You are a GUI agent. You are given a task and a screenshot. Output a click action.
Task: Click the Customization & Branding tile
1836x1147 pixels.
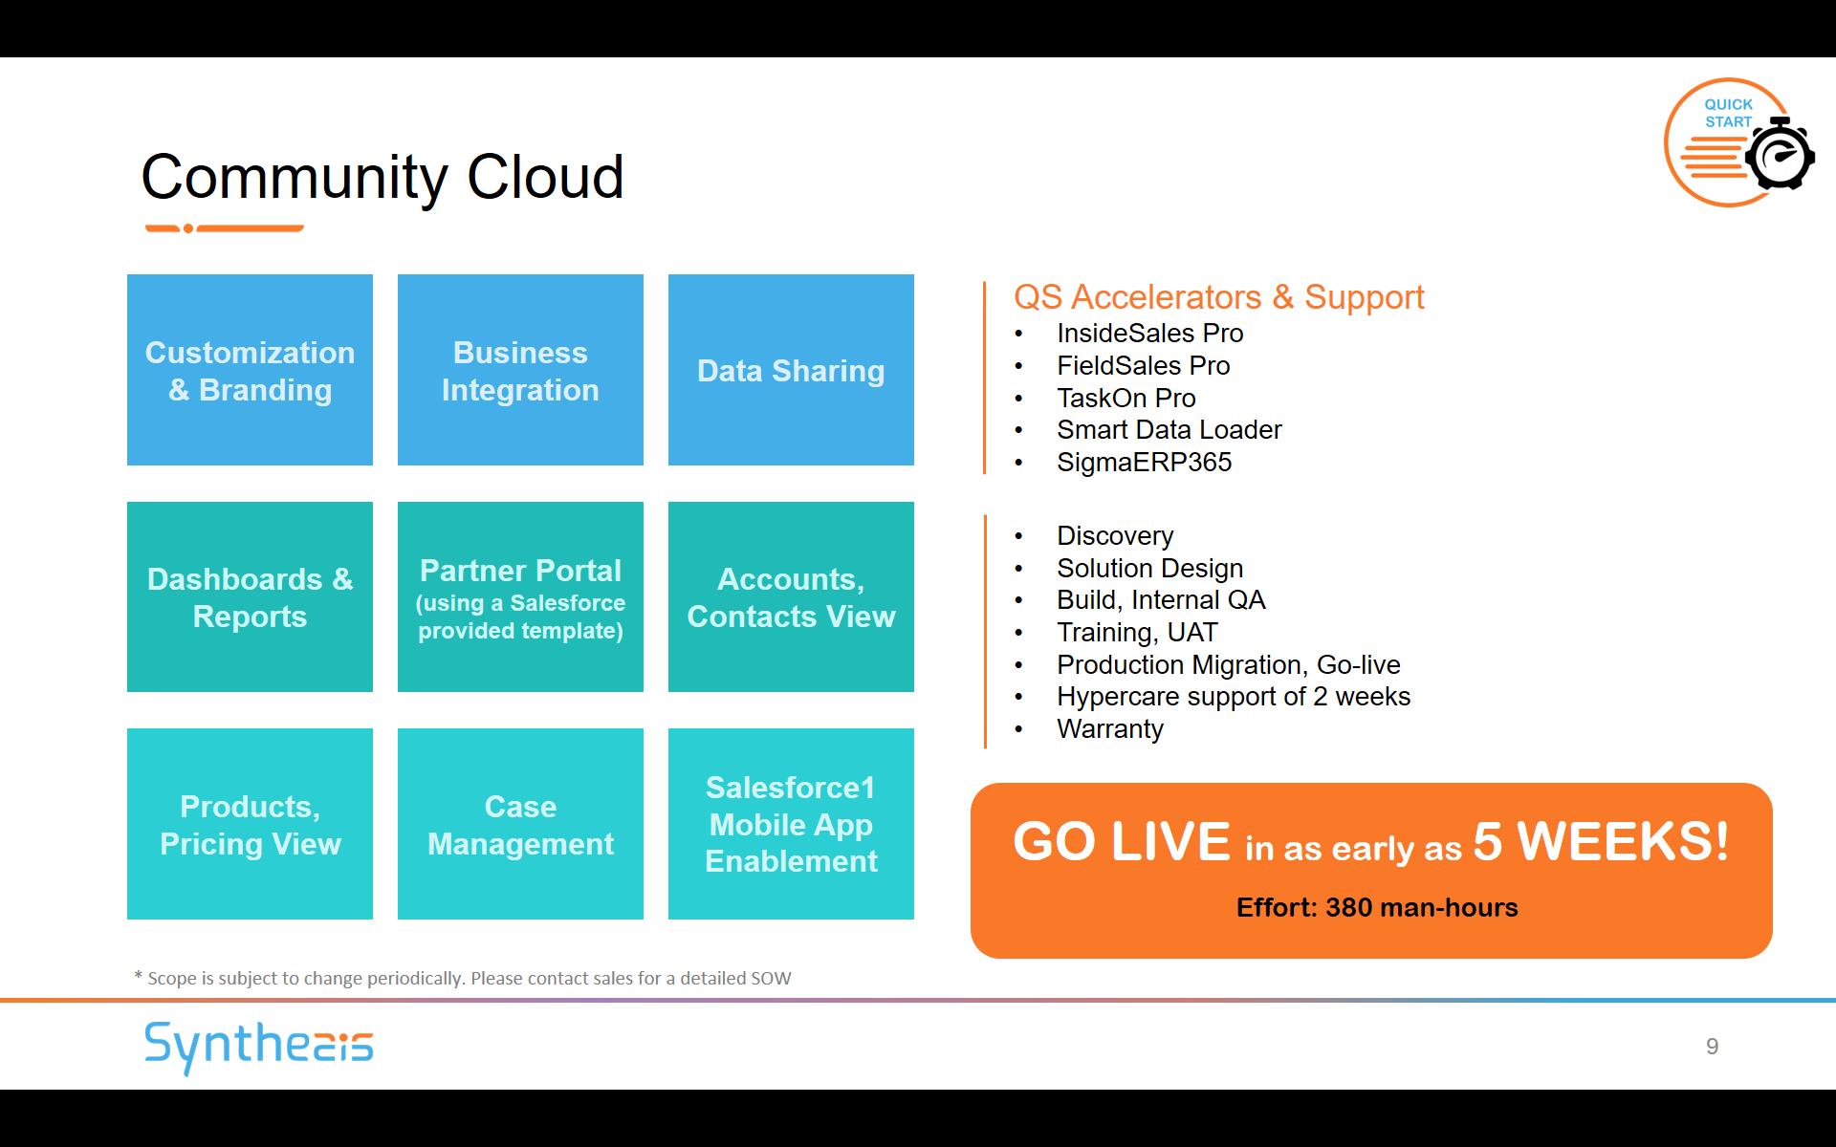click(250, 370)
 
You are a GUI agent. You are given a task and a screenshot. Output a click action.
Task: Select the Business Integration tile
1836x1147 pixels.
click(520, 370)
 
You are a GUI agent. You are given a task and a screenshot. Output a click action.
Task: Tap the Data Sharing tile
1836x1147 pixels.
click(791, 370)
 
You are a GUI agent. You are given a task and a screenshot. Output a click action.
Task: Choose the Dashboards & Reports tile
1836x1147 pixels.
click(250, 596)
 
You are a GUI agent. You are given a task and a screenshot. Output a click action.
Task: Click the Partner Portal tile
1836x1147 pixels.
click(520, 596)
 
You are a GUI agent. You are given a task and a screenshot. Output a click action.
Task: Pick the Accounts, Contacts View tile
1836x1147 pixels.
click(791, 596)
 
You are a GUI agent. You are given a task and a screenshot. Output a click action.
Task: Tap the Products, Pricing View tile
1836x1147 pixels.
click(250, 824)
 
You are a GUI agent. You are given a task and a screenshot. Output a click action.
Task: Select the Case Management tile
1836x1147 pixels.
click(520, 824)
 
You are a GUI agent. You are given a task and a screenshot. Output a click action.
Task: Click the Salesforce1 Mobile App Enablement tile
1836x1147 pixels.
click(791, 824)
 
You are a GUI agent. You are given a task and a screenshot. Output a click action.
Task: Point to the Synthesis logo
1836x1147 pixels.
click(258, 1047)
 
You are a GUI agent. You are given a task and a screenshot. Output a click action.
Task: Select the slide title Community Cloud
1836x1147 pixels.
click(382, 178)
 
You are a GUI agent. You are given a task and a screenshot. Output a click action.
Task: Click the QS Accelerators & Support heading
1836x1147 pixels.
click(1218, 297)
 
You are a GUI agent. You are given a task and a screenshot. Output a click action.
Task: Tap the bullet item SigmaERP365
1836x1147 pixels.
click(1144, 463)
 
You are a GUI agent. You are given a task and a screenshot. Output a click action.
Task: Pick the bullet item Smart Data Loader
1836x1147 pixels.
click(1169, 430)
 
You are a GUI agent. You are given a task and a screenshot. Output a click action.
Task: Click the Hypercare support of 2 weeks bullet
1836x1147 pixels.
click(1234, 697)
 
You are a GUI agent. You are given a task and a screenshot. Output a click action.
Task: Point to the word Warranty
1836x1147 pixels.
click(1110, 729)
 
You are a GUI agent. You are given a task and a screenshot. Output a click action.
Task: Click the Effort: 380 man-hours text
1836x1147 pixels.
click(1377, 907)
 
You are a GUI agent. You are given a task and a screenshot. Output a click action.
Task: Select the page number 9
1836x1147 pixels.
click(1713, 1047)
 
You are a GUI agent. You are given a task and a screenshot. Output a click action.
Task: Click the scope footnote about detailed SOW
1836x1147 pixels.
click(463, 978)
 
